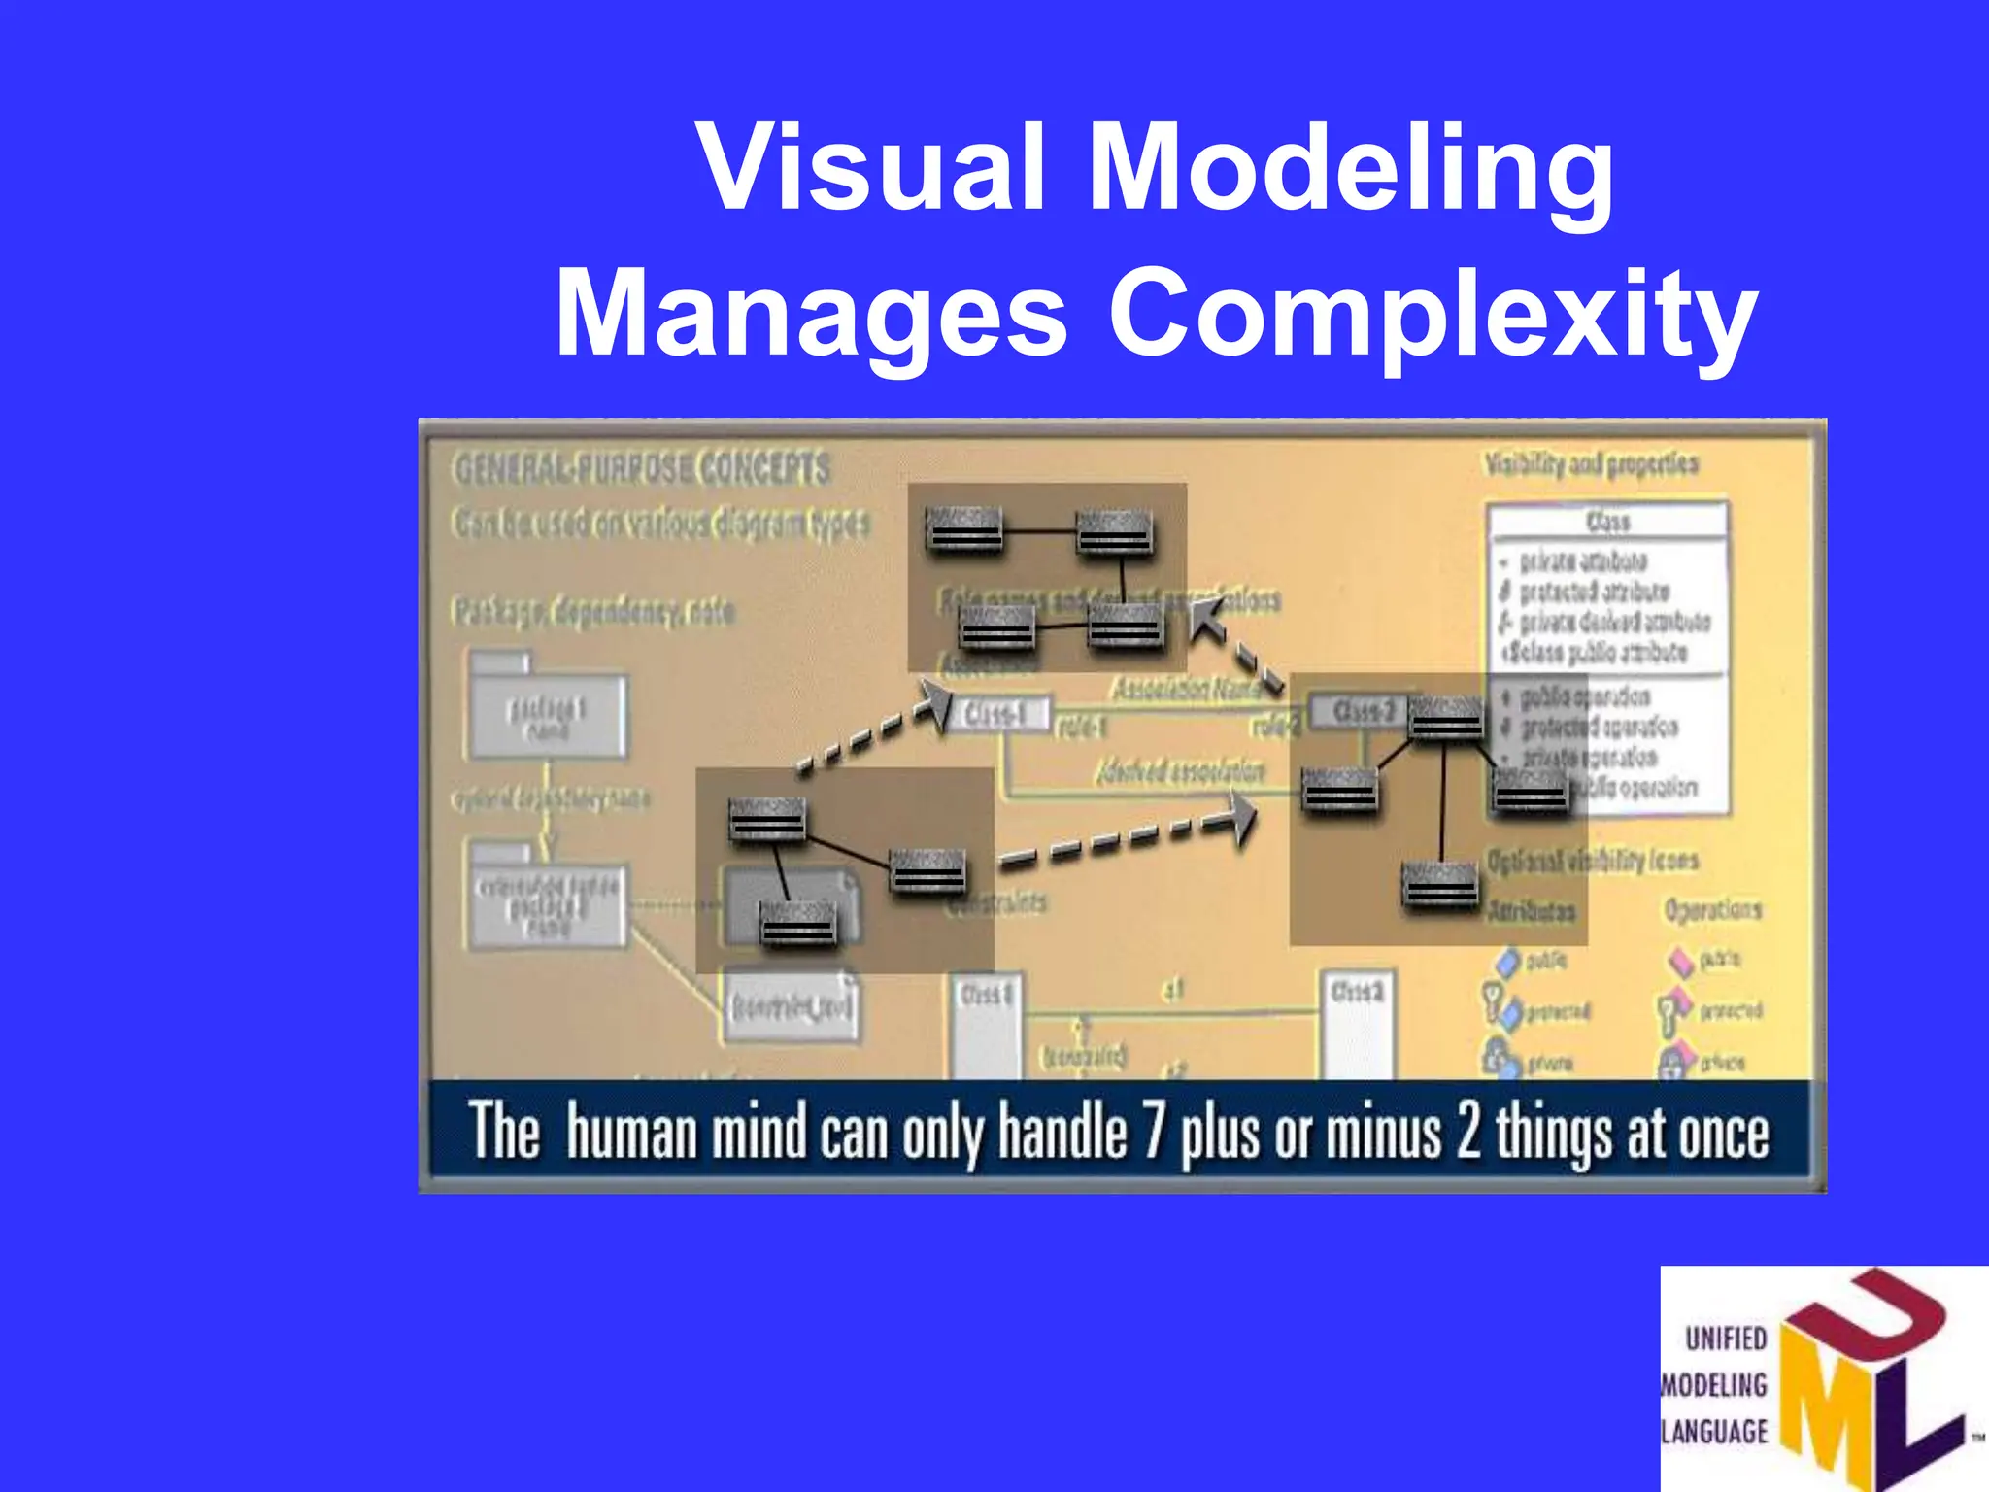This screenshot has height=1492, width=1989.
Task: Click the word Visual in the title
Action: click(x=870, y=167)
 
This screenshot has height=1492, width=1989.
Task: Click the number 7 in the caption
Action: click(x=1153, y=1133)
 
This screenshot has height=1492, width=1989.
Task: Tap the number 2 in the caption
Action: click(x=1467, y=1133)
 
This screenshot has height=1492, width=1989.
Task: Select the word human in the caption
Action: click(x=631, y=1133)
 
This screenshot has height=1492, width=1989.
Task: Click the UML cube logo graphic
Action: click(x=1865, y=1379)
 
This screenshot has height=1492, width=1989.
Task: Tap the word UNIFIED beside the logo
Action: click(x=1726, y=1339)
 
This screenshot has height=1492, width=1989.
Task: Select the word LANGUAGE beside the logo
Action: click(x=1715, y=1431)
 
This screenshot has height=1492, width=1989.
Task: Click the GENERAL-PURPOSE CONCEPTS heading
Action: click(x=642, y=469)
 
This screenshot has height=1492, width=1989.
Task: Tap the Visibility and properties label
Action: click(x=1591, y=464)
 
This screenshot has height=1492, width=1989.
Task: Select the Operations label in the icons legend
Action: click(x=1712, y=909)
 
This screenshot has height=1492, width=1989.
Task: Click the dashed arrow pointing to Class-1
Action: click(x=874, y=729)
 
